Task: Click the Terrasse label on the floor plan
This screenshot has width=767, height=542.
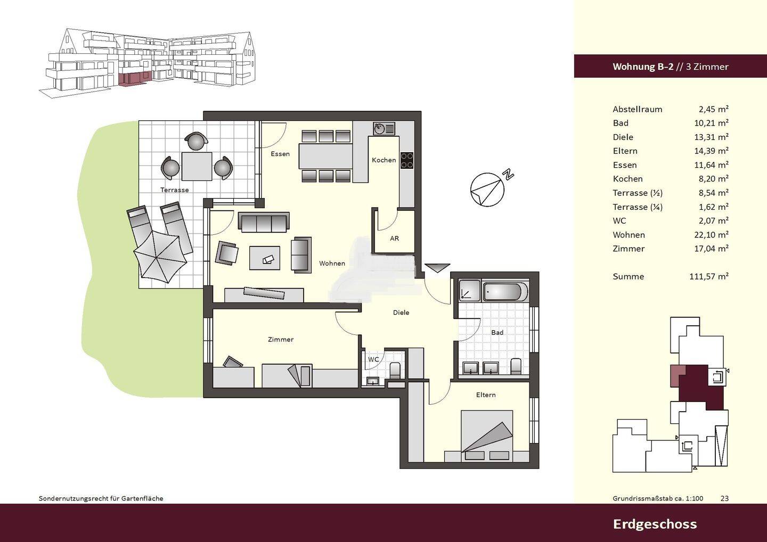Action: pos(174,190)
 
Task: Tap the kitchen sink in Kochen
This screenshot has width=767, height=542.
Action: pos(384,129)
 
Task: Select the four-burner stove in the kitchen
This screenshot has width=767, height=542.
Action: pos(407,160)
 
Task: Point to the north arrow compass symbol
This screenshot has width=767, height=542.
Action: pos(487,190)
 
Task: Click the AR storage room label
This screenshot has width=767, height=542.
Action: pos(395,239)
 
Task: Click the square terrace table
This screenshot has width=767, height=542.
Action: pos(197,166)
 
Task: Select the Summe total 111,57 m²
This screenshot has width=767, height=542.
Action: pos(709,276)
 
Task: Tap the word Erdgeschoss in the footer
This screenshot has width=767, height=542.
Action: pos(655,524)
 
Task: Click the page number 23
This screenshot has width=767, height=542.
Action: pos(724,498)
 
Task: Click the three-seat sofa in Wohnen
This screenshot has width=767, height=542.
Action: pos(264,222)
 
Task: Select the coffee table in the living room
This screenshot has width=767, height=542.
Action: pos(265,258)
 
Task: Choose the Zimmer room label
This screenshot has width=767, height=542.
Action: pos(280,340)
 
